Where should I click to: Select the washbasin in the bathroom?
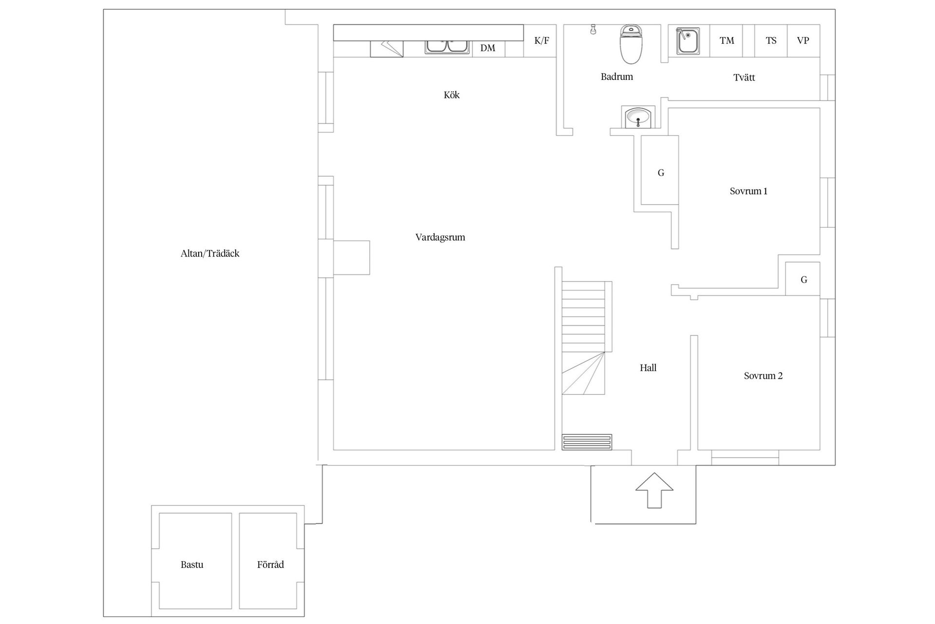tap(637, 117)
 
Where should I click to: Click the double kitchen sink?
tap(447, 46)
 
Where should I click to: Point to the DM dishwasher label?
tap(487, 48)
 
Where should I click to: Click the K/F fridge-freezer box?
tap(541, 40)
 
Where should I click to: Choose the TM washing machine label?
tap(727, 40)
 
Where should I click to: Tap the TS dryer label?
tap(771, 40)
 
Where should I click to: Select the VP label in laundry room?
tap(803, 40)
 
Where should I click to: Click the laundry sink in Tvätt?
tap(688, 41)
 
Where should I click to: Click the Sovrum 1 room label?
tap(748, 191)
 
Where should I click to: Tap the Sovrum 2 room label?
tap(763, 376)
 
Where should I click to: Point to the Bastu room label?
tap(192, 565)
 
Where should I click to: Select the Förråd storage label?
tap(270, 565)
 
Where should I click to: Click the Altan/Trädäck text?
tap(210, 253)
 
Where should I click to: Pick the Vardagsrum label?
tap(440, 237)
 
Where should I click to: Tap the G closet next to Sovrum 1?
tap(660, 173)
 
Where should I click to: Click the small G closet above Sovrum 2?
tap(804, 280)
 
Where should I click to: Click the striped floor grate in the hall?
tap(586, 442)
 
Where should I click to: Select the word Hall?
tap(648, 368)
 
